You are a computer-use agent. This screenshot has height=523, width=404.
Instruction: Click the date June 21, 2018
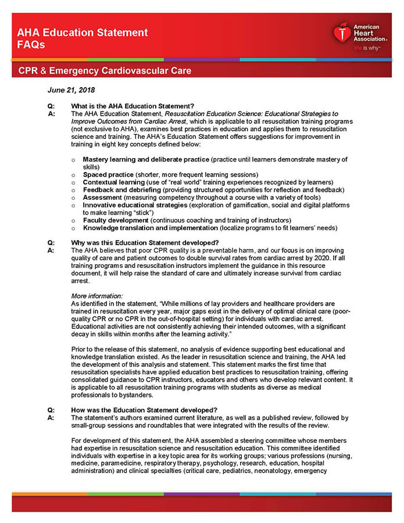tap(71, 90)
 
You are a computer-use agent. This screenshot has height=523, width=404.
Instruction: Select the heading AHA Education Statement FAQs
tap(82, 38)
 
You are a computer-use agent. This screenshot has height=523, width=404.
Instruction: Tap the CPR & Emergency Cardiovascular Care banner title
tap(104, 71)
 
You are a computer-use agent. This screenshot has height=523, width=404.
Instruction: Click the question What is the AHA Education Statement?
tap(132, 106)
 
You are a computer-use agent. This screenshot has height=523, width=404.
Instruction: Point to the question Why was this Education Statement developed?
tap(144, 242)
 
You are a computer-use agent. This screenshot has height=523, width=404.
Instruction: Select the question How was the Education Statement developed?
tap(144, 410)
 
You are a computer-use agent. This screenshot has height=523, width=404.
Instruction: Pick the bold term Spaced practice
tap(108, 174)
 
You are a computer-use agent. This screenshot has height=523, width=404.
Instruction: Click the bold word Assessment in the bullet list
tap(102, 197)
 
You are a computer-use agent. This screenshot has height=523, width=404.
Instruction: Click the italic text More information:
tap(96, 296)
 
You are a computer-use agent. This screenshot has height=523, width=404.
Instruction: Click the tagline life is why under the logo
tap(367, 48)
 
